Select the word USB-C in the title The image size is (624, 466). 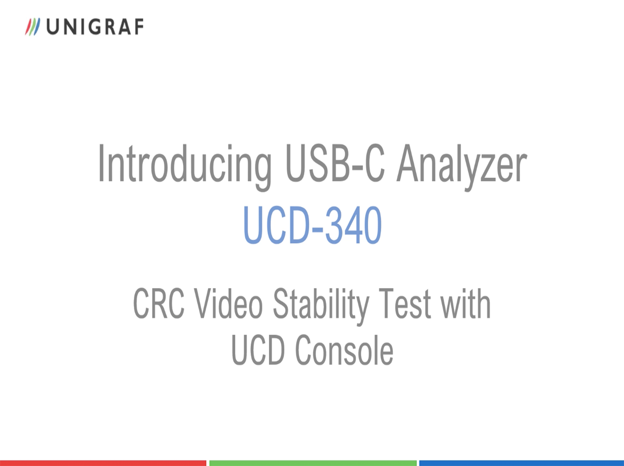pyautogui.click(x=336, y=163)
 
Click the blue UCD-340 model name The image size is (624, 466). pyautogui.click(x=312, y=225)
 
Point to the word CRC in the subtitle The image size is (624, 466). pyautogui.click(x=159, y=303)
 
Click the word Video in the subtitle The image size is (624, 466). pyautogui.click(x=229, y=303)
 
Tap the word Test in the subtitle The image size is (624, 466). pyautogui.click(x=405, y=303)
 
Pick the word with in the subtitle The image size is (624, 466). pyautogui.click(x=466, y=303)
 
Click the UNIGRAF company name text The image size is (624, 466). pyautogui.click(x=95, y=27)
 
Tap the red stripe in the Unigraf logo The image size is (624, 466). pyautogui.click(x=29, y=27)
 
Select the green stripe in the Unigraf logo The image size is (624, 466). pyautogui.click(x=32, y=27)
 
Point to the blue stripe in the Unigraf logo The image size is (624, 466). pyautogui.click(x=37, y=27)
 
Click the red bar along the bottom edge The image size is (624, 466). pyautogui.click(x=103, y=463)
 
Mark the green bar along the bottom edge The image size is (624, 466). pyautogui.click(x=313, y=463)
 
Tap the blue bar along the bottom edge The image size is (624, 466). pyautogui.click(x=522, y=463)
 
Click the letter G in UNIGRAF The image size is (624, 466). pyautogui.click(x=95, y=27)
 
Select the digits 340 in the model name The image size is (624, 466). pyautogui.click(x=354, y=225)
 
